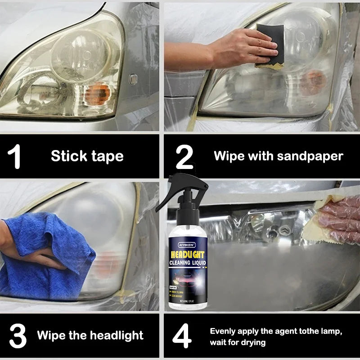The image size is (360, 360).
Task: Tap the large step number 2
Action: click(184, 156)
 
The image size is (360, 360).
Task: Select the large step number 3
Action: click(18, 335)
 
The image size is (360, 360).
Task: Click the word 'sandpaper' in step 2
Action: click(310, 156)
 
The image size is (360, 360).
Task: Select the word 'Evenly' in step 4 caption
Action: click(224, 331)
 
